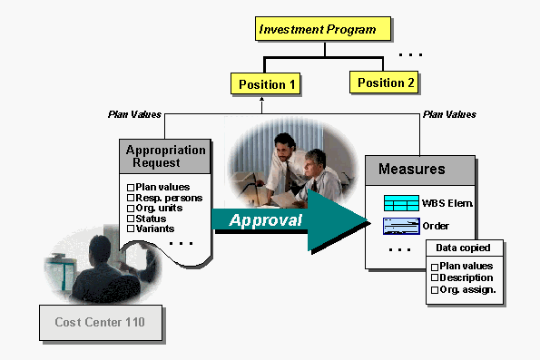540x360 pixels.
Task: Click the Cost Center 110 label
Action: click(93, 322)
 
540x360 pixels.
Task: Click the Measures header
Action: click(418, 169)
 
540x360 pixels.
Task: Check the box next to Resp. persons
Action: click(131, 197)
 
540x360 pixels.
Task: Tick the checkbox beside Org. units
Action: click(131, 208)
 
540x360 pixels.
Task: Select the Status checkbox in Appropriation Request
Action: click(131, 218)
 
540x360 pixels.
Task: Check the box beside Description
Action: click(435, 277)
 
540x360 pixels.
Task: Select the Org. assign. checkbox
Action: click(435, 289)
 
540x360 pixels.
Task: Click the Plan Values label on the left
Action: click(134, 114)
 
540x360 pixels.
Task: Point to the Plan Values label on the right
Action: click(449, 114)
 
